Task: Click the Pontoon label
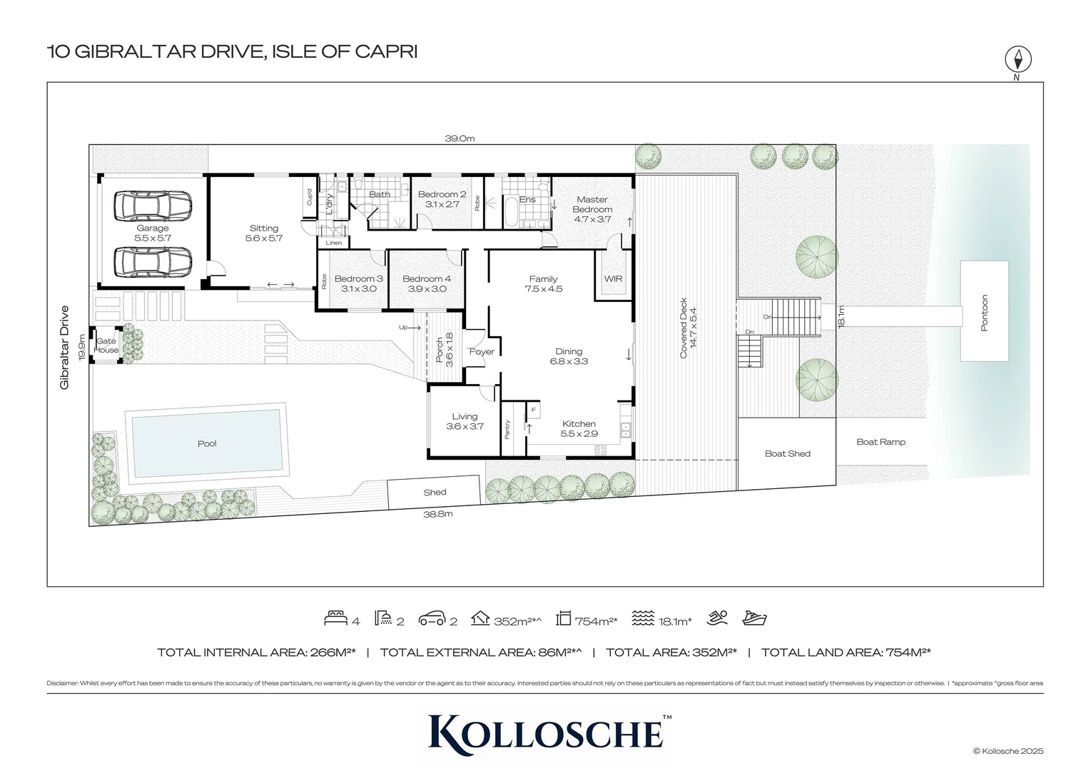click(x=985, y=313)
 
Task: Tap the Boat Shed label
click(x=787, y=453)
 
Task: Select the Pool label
click(x=207, y=443)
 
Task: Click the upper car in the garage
click(x=153, y=206)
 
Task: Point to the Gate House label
click(x=107, y=346)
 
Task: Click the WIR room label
click(x=613, y=279)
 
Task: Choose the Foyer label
click(x=482, y=352)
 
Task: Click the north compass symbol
click(x=1018, y=59)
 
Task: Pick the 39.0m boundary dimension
click(x=460, y=138)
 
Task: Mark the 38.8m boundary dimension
click(x=438, y=513)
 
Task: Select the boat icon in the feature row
click(x=754, y=618)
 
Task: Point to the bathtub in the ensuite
click(x=512, y=213)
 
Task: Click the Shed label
click(x=435, y=492)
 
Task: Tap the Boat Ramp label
click(x=881, y=442)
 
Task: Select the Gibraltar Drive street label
click(x=65, y=347)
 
